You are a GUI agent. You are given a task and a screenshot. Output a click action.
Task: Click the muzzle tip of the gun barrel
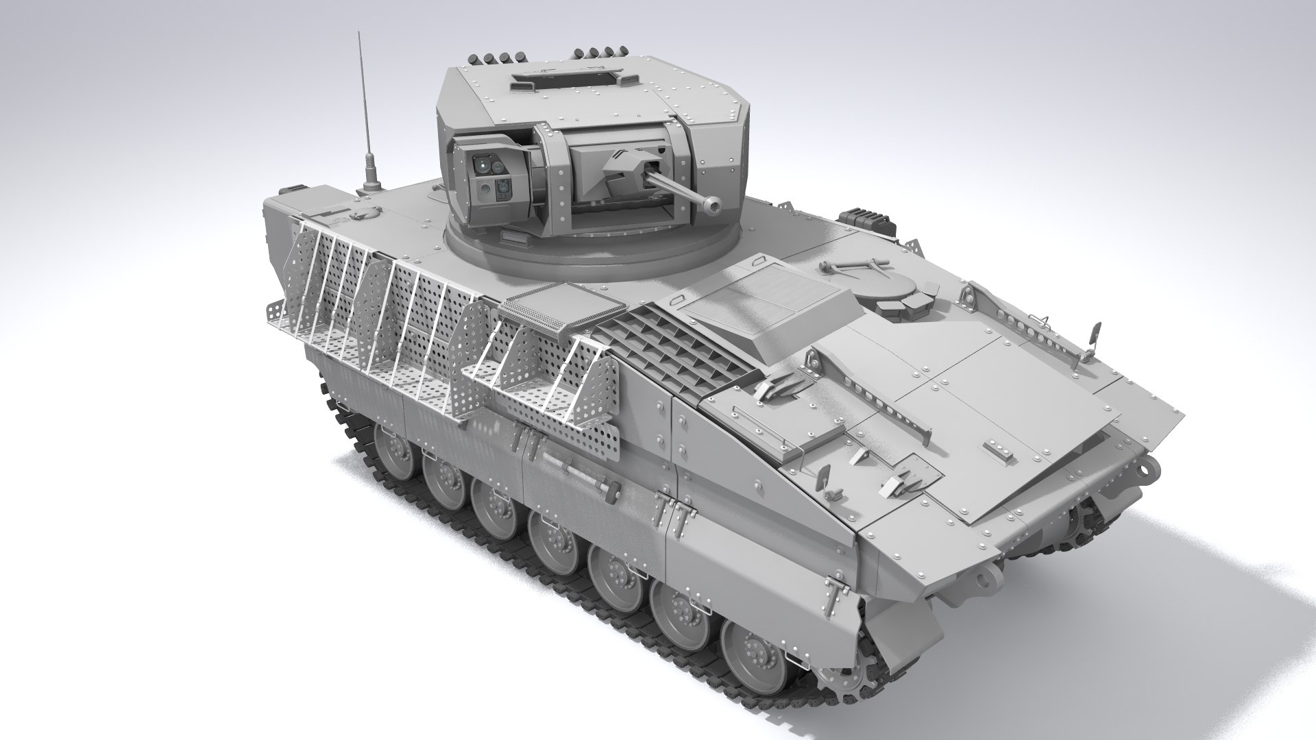coord(716,204)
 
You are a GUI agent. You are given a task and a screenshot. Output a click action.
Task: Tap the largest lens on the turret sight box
coord(484,164)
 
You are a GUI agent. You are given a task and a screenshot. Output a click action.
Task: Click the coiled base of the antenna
coord(373,182)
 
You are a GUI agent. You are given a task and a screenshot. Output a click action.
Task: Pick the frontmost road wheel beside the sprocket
coord(747,657)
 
